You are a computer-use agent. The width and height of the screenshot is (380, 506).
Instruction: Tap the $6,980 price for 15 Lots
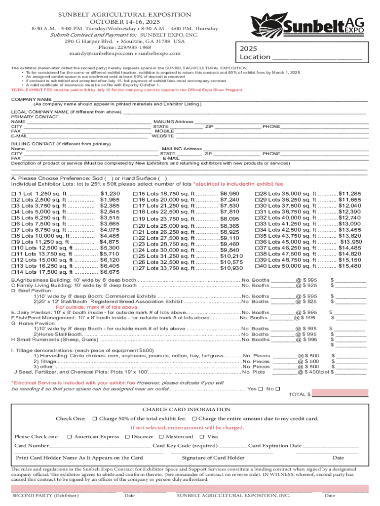[229, 194]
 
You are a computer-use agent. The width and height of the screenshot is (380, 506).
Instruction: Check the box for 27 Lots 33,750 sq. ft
[135, 268]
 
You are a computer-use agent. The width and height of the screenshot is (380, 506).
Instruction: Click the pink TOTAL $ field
[341, 394]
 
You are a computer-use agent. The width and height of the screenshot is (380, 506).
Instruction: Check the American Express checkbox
[70, 437]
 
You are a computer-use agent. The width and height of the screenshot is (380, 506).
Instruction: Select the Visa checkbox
[202, 437]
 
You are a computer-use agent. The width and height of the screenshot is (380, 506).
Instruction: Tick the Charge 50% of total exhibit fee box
[95, 419]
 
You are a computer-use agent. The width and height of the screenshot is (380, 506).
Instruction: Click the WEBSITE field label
[163, 136]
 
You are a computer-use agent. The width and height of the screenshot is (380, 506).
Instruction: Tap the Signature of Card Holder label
[213, 458]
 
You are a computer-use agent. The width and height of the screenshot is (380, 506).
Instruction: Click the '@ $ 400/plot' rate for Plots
[313, 372]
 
